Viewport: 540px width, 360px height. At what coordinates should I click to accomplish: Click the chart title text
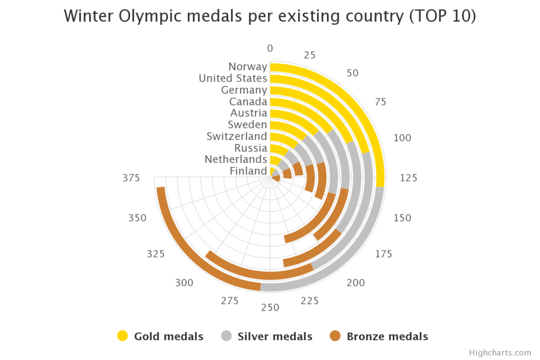click(x=270, y=16)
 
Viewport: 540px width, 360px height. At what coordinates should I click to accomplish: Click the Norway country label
click(x=247, y=66)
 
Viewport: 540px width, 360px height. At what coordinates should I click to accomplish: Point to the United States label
click(x=233, y=78)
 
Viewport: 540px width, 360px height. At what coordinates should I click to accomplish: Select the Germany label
click(x=244, y=90)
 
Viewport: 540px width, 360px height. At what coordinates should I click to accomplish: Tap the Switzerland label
click(x=236, y=136)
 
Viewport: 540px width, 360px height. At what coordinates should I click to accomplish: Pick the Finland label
click(x=248, y=171)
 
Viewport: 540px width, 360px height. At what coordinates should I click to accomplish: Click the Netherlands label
click(x=236, y=159)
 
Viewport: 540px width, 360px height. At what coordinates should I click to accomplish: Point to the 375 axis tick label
click(x=131, y=178)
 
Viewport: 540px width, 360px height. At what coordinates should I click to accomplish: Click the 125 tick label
click(x=408, y=178)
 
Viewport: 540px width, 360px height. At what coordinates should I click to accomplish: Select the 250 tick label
click(x=270, y=308)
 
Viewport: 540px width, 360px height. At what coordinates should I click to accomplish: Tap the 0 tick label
click(x=270, y=48)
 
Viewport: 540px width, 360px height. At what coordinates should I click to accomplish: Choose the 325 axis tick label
click(x=156, y=254)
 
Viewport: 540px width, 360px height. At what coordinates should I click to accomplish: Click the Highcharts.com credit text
click(x=500, y=353)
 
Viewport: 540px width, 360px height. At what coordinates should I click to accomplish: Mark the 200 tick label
click(x=356, y=283)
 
